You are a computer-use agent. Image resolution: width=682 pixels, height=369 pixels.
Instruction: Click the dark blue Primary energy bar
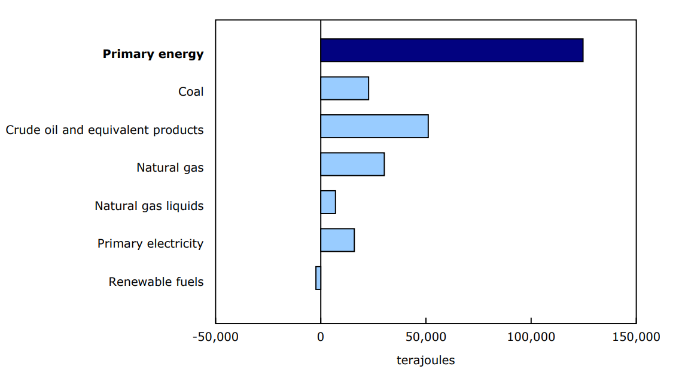coord(452,50)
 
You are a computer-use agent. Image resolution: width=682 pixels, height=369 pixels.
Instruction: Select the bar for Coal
coord(345,89)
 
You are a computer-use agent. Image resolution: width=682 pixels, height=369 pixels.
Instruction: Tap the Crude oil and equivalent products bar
coord(375,126)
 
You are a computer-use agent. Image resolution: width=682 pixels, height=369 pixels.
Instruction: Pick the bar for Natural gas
coord(352,164)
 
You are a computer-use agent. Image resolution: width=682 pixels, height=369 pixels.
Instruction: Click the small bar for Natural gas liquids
coord(328,202)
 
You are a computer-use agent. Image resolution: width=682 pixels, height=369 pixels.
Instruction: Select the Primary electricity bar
coord(337,240)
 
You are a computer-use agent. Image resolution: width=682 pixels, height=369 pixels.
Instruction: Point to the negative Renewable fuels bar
coord(318,278)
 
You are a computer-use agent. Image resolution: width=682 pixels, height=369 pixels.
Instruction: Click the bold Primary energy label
coord(153,54)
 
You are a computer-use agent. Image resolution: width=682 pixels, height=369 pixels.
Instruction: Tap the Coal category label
coord(191,92)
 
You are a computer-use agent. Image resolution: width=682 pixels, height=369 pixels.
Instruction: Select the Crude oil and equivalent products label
coord(105,130)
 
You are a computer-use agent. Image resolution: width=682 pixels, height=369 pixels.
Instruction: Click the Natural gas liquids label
coord(149,206)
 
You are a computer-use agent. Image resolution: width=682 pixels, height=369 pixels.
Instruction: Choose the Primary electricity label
coord(150,243)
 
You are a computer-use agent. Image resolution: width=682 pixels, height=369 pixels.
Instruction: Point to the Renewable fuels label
coord(156,282)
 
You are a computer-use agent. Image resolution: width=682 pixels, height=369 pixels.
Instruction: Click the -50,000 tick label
coord(215,337)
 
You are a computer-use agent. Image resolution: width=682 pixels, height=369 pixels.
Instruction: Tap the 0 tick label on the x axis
coord(321,337)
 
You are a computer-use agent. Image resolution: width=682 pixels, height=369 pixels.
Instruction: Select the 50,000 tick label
coord(425,337)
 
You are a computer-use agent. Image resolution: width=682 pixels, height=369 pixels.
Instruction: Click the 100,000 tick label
coord(531,337)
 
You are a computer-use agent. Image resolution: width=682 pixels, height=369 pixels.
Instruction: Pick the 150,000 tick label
coord(636,337)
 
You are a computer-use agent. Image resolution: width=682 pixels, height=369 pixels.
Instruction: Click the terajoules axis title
coord(425,360)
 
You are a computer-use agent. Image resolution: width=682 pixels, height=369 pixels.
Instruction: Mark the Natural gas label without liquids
coord(170,167)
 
